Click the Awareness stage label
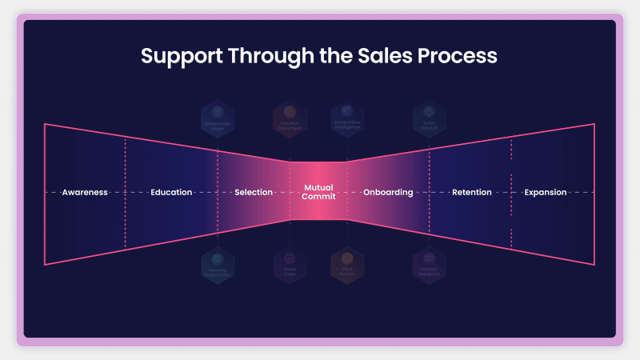coord(85,193)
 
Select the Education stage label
coord(171,193)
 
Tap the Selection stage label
coord(254,193)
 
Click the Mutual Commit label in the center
coord(318,193)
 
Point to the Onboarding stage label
coord(388,193)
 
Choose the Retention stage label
coord(472,193)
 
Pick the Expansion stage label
coord(546,193)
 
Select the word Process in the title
coord(462,56)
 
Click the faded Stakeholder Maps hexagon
coord(218,118)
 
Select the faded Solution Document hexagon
coord(290,118)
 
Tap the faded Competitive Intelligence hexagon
coord(347,118)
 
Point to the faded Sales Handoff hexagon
coord(430,118)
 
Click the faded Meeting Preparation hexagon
coord(218,265)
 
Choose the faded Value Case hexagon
coord(290,265)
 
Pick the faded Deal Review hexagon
coord(347,265)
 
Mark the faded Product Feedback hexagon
coord(430,265)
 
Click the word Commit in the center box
coord(318,198)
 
